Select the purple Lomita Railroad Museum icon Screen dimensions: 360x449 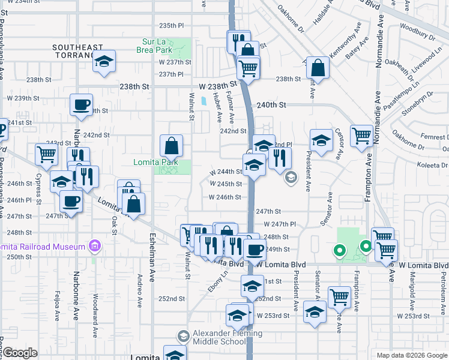94,245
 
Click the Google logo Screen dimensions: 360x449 20,353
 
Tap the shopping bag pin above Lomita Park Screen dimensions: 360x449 172,146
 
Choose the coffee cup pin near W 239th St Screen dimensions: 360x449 81,106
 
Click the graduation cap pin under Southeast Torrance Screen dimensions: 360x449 104,62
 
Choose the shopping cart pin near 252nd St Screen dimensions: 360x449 339,297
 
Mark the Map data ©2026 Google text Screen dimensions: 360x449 411,355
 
